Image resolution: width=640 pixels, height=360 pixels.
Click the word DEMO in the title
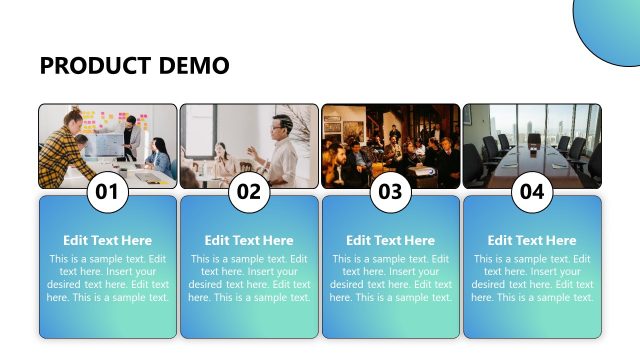(x=194, y=66)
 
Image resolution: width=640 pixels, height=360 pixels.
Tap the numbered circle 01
(x=108, y=193)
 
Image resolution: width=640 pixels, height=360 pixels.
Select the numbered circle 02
(x=249, y=193)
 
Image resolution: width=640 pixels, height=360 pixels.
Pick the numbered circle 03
(x=391, y=193)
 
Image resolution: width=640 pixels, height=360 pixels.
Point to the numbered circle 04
(x=532, y=193)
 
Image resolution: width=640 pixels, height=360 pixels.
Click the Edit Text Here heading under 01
(x=108, y=240)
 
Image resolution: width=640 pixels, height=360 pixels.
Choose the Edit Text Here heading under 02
(x=249, y=240)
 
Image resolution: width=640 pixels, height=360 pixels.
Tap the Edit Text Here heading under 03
(x=391, y=240)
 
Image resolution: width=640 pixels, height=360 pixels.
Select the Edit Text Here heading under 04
(x=532, y=240)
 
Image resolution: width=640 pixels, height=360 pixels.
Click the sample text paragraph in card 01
(x=108, y=278)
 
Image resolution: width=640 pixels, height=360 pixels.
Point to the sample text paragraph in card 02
(x=249, y=278)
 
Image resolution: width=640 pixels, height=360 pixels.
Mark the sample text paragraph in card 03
(x=391, y=278)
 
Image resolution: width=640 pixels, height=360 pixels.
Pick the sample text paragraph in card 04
(x=532, y=278)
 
